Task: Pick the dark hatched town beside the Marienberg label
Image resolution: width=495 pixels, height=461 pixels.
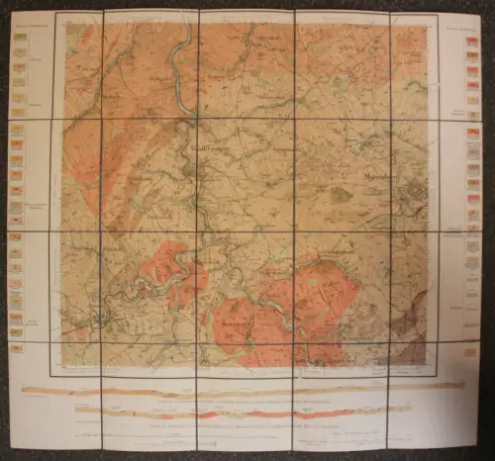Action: [x=416, y=193]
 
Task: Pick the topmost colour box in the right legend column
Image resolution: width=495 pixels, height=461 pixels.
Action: [x=471, y=38]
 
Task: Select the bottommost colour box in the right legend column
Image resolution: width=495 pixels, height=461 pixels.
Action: [x=471, y=351]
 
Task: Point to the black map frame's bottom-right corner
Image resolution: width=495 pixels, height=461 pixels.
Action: [x=438, y=375]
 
